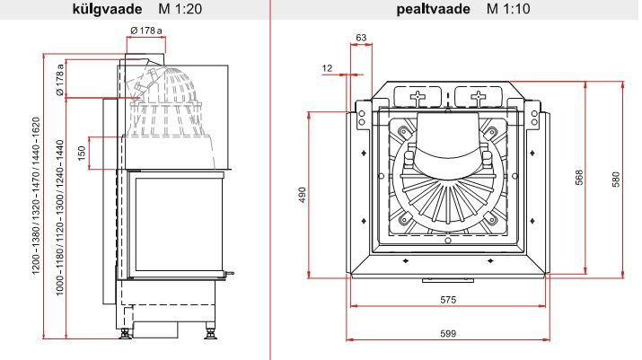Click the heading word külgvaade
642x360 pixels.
101,10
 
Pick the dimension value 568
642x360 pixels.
579,178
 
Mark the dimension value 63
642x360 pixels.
361,38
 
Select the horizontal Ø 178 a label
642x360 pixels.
145,31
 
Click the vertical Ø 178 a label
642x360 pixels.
59,80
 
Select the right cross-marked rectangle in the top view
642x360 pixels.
477,96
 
